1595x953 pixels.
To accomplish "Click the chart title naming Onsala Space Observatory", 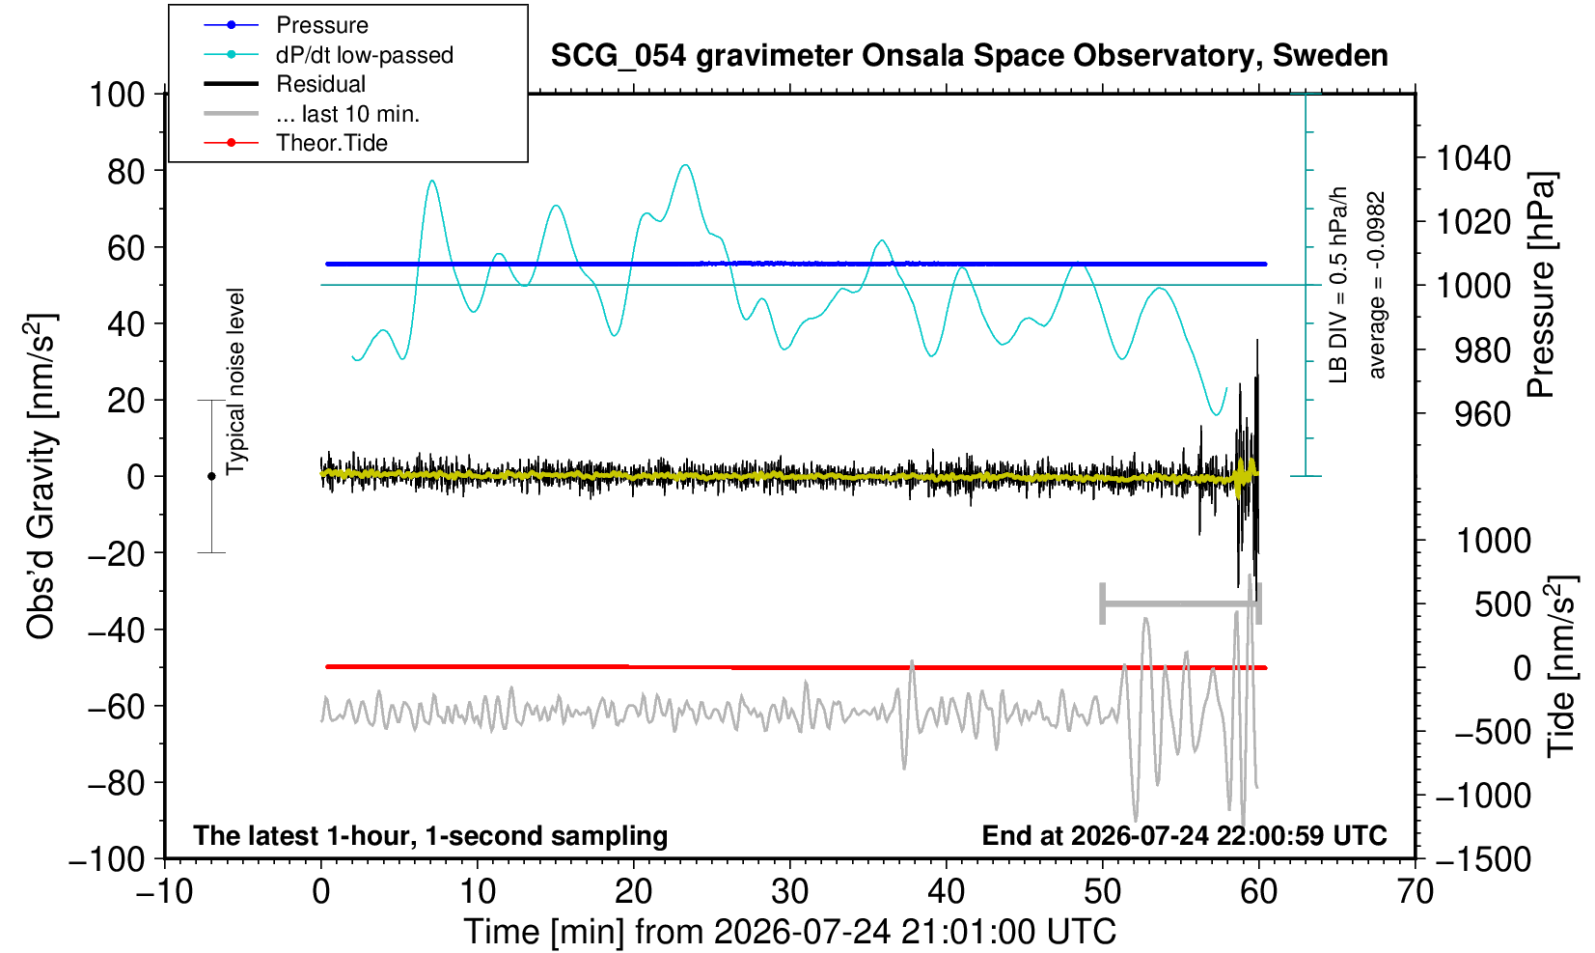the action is click(969, 56).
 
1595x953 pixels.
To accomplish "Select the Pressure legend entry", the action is click(322, 26).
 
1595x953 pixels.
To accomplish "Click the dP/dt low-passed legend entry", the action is click(364, 55).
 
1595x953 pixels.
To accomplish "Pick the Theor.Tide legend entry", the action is click(332, 143).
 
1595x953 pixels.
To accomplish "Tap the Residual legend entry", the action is click(320, 84).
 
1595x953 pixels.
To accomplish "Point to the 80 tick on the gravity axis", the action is click(126, 171).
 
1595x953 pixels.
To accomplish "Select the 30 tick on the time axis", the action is click(789, 891).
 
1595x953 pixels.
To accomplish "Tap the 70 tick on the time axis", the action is click(1415, 891).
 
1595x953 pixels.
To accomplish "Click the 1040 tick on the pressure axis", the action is click(1473, 157).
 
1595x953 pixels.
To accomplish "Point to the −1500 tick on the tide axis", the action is click(1482, 859).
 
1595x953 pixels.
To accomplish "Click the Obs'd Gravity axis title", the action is click(41, 477).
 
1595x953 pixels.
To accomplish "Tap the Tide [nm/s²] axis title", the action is click(1561, 666).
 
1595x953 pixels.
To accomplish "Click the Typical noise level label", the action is click(235, 382).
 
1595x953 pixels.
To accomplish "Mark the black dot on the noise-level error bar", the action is click(211, 476).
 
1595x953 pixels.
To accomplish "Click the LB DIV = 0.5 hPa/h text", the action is click(1339, 285).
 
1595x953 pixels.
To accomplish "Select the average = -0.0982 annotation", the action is click(1376, 285).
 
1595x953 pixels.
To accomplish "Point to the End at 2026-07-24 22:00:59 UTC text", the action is click(1184, 835).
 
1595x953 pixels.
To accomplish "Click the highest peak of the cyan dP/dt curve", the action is click(685, 165).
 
